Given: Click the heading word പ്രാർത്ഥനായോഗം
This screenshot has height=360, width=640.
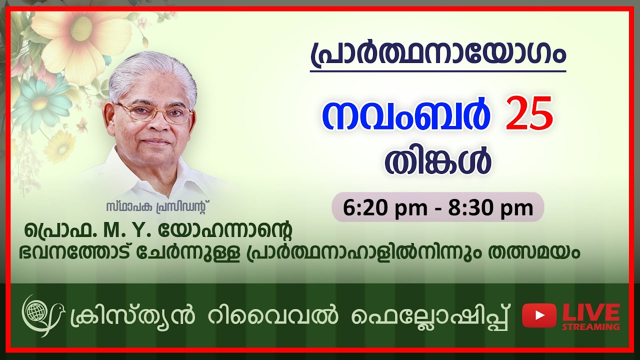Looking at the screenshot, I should click(x=437, y=54).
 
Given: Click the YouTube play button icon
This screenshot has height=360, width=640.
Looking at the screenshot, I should click(x=539, y=315).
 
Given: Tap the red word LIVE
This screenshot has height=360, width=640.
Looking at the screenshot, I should click(x=591, y=312).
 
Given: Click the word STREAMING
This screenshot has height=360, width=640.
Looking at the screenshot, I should click(x=591, y=327).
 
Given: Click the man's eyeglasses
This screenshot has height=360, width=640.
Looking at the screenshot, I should click(x=155, y=112).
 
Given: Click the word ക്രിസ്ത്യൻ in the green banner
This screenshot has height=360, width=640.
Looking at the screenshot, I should click(x=122, y=316).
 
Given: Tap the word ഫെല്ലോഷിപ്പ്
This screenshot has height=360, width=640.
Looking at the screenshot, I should click(x=431, y=316).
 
